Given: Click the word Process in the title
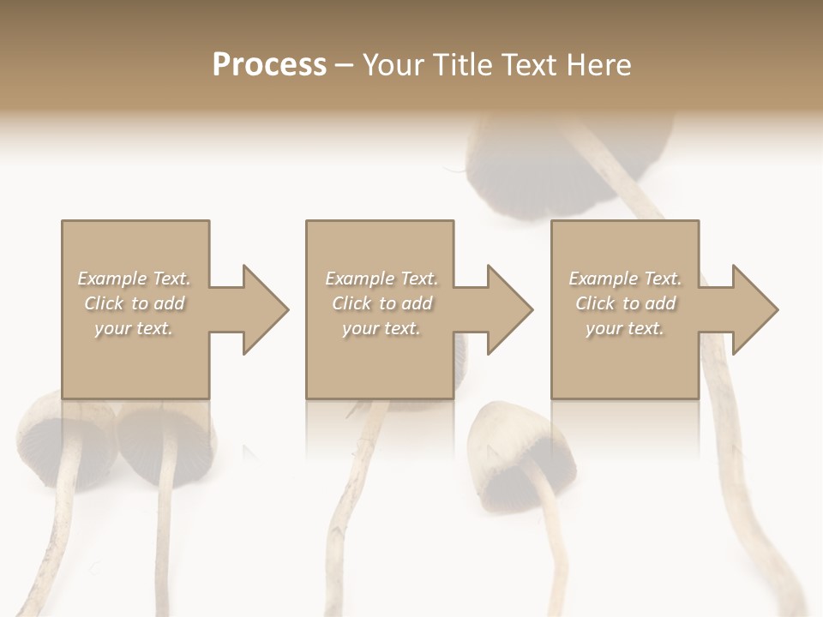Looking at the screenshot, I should click(x=269, y=65).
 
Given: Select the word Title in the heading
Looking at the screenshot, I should click(x=463, y=65).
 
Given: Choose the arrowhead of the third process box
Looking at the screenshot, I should click(x=754, y=309).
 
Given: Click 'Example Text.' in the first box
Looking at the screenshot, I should click(x=135, y=279).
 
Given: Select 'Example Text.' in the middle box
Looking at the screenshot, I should click(x=381, y=279).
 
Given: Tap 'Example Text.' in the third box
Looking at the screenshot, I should click(x=625, y=279).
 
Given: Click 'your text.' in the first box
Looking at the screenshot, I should click(x=134, y=328).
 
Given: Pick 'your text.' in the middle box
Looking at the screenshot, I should click(x=381, y=328).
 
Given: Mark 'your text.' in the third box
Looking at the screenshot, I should click(x=625, y=328).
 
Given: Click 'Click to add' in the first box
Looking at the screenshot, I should click(x=135, y=303).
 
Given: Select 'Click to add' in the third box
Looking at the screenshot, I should click(x=625, y=303).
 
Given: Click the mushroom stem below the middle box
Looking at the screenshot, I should click(x=360, y=480).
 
